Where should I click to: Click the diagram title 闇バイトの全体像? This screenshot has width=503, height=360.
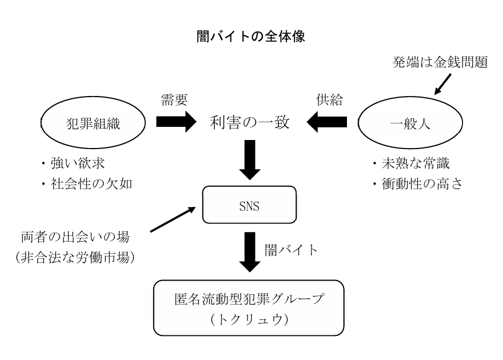tap(250, 37)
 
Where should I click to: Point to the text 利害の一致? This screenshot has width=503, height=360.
tap(250, 122)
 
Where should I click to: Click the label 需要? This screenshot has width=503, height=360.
tap(174, 99)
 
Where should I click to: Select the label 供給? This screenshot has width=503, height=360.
tap(329, 99)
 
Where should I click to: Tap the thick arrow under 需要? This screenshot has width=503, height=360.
tap(176, 122)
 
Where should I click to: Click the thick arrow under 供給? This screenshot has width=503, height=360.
tap(327, 122)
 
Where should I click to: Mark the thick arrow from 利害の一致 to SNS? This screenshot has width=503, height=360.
tap(250, 160)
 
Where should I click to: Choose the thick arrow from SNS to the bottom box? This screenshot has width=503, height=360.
tap(250, 252)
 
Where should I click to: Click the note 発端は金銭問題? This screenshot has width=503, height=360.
tap(440, 62)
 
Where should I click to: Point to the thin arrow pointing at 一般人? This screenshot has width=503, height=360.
tap(442, 85)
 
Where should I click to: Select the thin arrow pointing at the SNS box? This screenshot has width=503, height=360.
tap(173, 219)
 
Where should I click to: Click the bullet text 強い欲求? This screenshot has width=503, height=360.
tap(78, 163)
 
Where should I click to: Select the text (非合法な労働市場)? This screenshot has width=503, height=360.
tap(75, 257)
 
